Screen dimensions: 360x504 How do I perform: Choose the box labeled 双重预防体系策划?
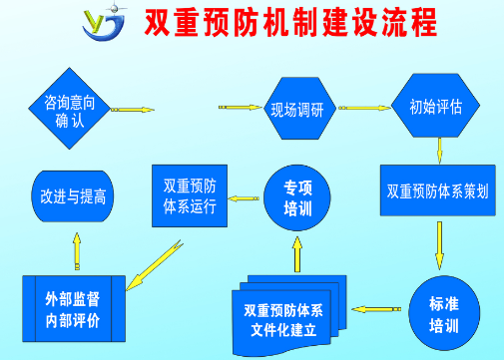438,188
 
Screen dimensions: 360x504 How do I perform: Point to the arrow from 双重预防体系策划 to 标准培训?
439,245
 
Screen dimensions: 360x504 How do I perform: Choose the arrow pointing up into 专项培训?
294,253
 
